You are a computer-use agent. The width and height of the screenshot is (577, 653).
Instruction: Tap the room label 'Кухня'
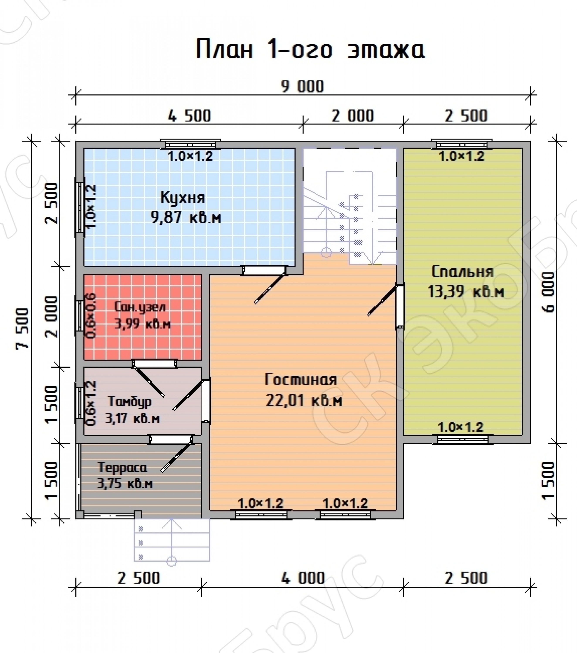tap(182, 198)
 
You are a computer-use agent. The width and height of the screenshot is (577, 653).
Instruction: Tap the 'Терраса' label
tap(122, 468)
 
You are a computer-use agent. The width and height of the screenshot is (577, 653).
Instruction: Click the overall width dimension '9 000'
tap(302, 87)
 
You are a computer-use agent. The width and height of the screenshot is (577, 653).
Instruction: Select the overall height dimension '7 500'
tap(23, 328)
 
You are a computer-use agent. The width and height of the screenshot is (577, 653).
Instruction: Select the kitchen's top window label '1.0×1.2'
tap(190, 156)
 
